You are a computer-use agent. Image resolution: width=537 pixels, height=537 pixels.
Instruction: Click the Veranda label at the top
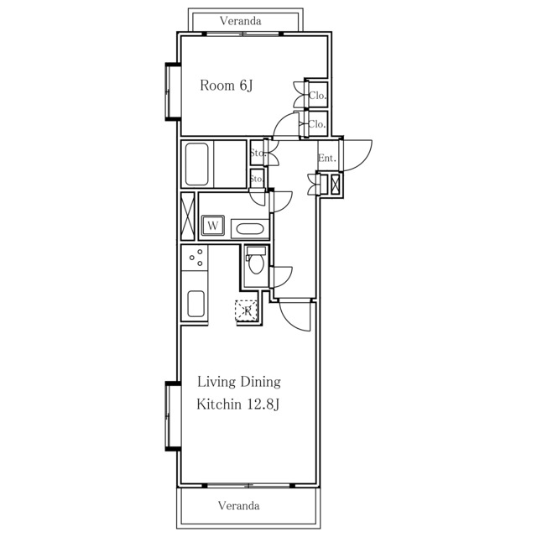(241, 21)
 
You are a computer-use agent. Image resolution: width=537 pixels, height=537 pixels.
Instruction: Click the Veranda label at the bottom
(238, 505)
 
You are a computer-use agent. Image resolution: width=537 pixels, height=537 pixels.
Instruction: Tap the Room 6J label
(227, 86)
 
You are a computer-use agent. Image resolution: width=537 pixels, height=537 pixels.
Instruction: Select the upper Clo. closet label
(317, 95)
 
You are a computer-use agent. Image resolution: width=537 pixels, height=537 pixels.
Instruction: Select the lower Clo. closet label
(317, 124)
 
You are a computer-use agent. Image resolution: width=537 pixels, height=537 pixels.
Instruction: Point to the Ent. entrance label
(327, 159)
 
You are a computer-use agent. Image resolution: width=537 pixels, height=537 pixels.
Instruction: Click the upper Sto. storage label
(258, 153)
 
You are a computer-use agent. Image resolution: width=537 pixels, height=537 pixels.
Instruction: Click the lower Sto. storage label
(257, 179)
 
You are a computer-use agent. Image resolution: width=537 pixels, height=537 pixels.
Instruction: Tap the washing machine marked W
(213, 226)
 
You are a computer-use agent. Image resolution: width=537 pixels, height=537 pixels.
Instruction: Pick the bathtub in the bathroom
(196, 164)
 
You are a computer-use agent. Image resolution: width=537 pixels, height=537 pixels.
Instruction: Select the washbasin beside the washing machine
(250, 229)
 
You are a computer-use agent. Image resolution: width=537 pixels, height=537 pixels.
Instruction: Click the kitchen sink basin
(196, 304)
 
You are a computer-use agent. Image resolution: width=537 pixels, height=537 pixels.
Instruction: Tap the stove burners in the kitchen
(196, 258)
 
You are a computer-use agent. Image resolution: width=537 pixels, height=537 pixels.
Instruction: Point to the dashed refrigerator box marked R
(246, 310)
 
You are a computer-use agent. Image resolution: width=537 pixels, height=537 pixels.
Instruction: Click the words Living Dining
(238, 382)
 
